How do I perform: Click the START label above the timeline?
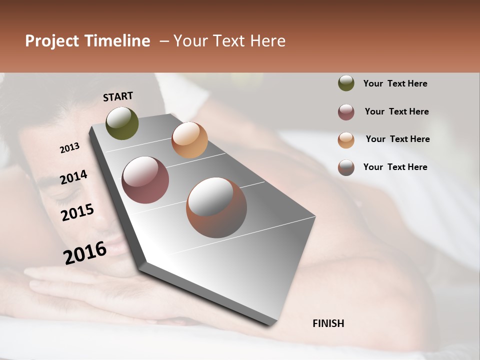[118, 96]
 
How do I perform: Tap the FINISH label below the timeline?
[328, 323]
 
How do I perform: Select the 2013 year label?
[69, 148]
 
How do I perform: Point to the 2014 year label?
[73, 177]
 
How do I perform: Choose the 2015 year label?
[77, 212]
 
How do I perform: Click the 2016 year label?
[85, 252]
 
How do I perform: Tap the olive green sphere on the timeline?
[122, 123]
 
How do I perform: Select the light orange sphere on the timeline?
[189, 140]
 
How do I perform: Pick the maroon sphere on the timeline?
[145, 180]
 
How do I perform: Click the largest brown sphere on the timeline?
[216, 207]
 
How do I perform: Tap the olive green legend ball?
[346, 83]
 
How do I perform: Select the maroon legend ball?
[346, 112]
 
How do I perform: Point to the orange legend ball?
[346, 140]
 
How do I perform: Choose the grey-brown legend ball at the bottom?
[346, 167]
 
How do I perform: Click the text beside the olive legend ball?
[395, 84]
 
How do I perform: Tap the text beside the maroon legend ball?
[396, 111]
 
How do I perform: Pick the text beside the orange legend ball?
[397, 139]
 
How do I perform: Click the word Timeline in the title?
[117, 41]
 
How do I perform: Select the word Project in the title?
[52, 41]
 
